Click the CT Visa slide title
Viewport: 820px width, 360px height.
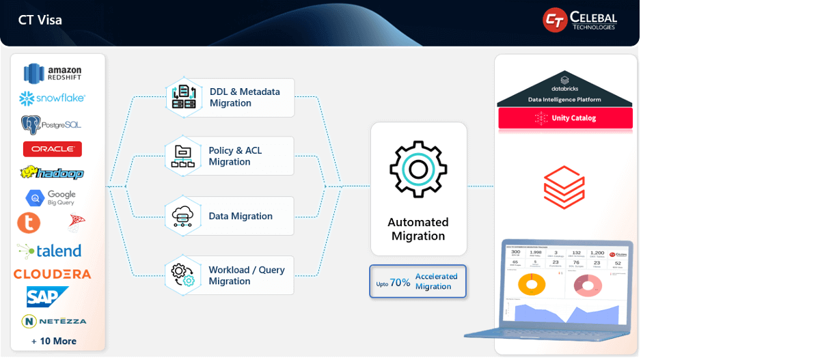click(x=40, y=20)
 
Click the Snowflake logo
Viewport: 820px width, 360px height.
click(x=53, y=98)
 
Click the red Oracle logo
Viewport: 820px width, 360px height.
click(x=53, y=149)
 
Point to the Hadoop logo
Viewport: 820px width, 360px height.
click(x=52, y=173)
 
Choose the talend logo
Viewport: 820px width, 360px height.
click(x=49, y=251)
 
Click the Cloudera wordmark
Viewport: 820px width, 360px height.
click(x=53, y=274)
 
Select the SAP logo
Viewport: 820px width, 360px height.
click(x=48, y=296)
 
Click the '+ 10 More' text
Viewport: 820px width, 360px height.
click(x=54, y=341)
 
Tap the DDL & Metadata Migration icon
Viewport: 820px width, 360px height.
click(x=183, y=97)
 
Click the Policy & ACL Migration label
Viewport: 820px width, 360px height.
click(x=235, y=156)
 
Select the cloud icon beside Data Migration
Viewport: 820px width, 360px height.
click(x=183, y=216)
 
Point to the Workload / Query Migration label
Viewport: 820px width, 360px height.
click(x=247, y=275)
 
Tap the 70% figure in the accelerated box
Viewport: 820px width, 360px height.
click(x=400, y=281)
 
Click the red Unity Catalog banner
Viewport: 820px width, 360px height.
click(x=565, y=118)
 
